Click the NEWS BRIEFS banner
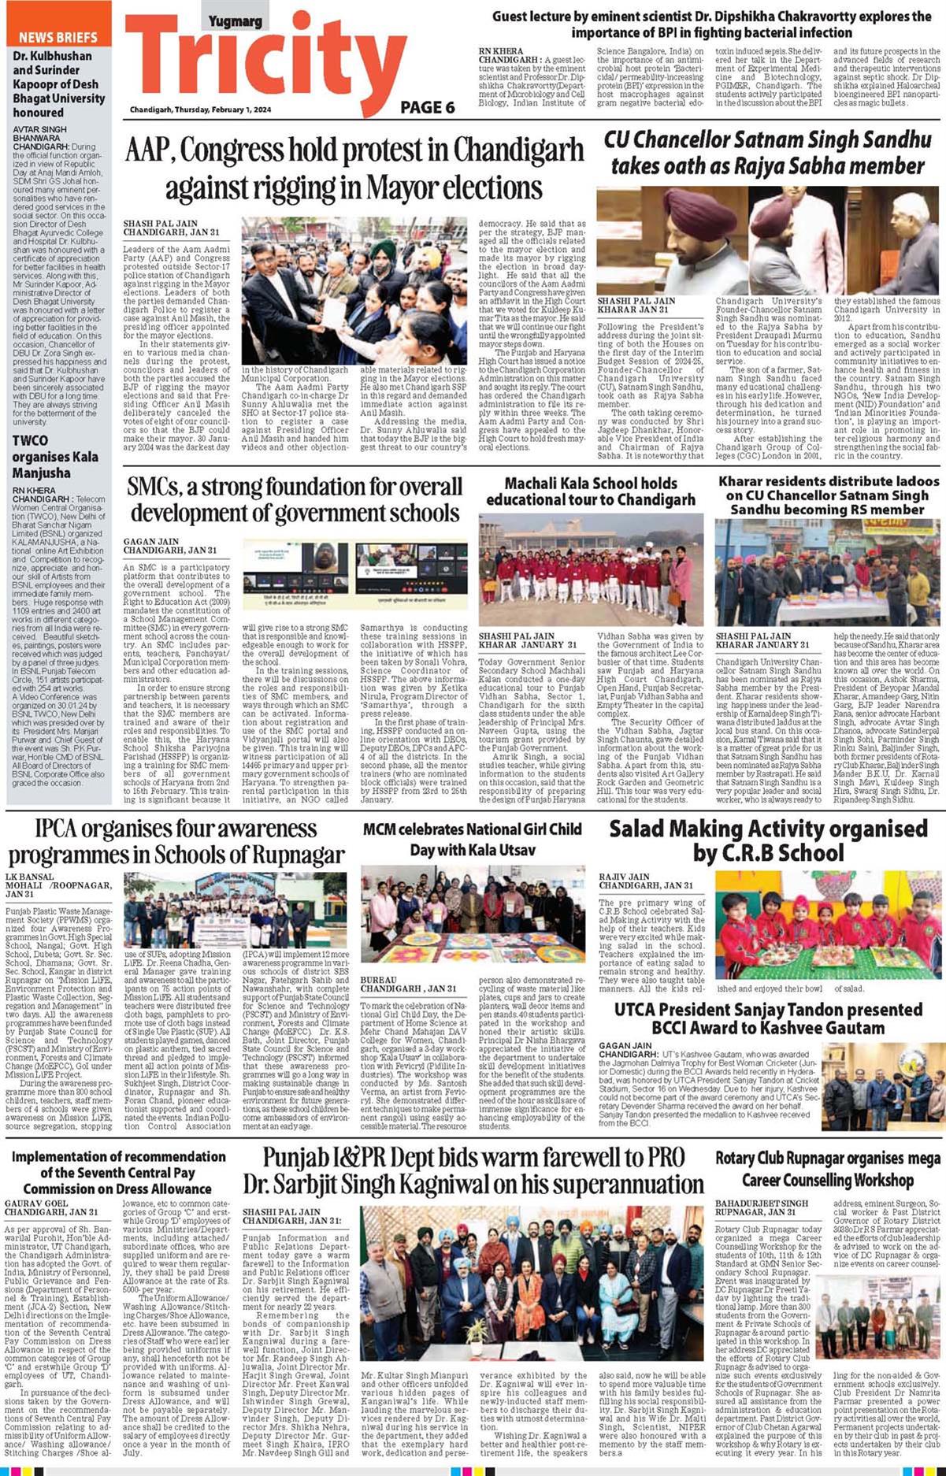tap(58, 37)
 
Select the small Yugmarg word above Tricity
tap(235, 22)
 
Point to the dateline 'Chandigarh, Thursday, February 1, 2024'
tap(200, 109)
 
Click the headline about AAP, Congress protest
tap(354, 169)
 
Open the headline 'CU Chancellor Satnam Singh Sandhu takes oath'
tap(767, 153)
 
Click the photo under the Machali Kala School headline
tap(591, 569)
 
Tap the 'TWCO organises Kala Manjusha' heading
tap(55, 457)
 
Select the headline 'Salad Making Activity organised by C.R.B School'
tap(768, 840)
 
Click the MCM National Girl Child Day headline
tap(473, 839)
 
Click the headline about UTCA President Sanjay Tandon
tap(768, 1018)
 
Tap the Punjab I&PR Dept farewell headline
tap(473, 1171)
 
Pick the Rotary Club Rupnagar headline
tap(827, 1169)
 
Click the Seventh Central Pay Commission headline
tap(117, 1173)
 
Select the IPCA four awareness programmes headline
tap(176, 841)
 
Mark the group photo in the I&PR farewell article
tap(532, 1289)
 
